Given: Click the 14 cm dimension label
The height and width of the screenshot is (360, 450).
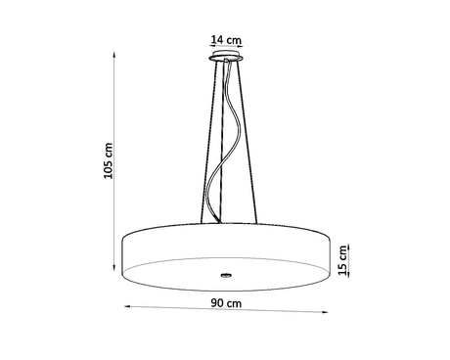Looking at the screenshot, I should tap(225, 40).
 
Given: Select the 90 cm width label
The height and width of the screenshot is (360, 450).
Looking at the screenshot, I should tap(226, 303).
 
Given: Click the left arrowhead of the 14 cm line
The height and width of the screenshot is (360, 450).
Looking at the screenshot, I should tap(210, 49).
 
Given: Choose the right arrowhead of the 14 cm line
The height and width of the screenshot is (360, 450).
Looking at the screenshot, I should tap(242, 49).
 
